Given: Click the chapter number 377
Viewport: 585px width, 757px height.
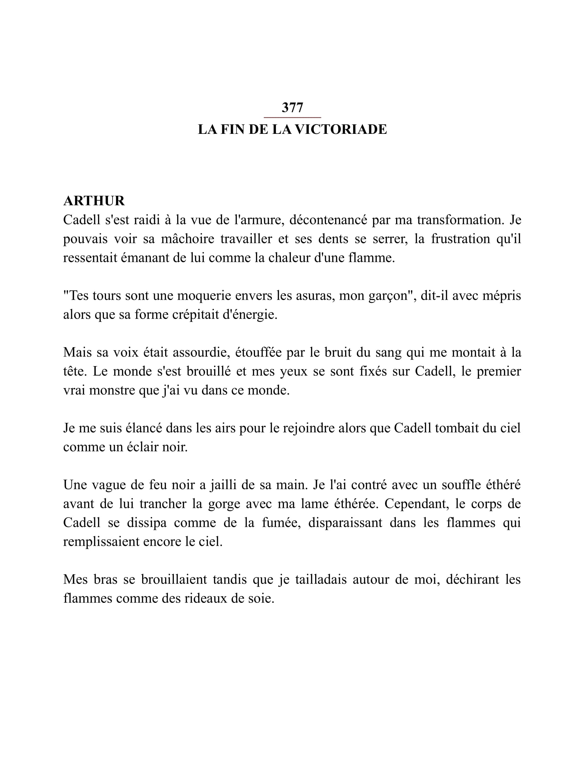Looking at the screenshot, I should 292,108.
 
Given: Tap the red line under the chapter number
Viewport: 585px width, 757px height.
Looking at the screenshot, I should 292,118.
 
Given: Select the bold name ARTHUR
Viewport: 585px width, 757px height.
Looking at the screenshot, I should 94,201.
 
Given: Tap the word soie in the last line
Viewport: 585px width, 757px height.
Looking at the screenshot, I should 263,599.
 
